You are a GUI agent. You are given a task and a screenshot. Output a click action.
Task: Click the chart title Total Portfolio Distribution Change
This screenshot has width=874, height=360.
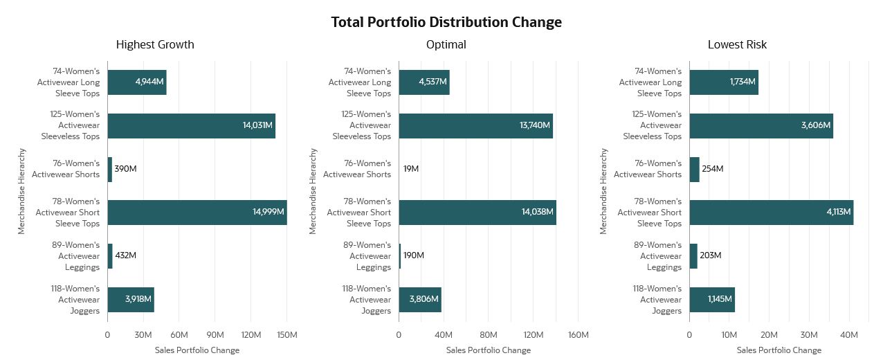pos(446,22)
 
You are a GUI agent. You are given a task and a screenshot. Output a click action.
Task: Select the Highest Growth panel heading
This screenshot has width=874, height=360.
pos(155,45)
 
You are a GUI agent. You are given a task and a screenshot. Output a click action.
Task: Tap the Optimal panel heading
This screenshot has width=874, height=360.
pos(446,45)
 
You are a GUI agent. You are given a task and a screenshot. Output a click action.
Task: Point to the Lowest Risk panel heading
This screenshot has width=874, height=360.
pos(737,45)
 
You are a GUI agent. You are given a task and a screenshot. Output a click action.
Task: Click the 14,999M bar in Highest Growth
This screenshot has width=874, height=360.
pos(197,213)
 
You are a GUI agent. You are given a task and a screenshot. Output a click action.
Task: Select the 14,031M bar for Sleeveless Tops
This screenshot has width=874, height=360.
pos(191,126)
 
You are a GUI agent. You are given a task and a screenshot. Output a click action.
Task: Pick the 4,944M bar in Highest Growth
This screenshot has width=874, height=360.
pos(136,82)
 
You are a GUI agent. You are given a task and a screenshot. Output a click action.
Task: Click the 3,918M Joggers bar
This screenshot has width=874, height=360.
pos(130,300)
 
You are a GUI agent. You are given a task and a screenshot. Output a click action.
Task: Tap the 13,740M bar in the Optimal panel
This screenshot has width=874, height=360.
pos(475,126)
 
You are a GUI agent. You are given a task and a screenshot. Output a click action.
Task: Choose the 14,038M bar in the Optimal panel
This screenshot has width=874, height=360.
pos(477,213)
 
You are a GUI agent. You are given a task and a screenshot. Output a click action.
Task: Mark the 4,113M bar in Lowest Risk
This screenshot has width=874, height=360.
pos(771,213)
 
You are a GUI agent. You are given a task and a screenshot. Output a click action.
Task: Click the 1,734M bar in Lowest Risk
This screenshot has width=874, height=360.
pos(723,82)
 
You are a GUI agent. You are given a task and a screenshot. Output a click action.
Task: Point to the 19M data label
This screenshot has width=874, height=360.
pos(411,169)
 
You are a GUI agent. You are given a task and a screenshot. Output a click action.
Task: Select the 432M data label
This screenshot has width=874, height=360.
pos(125,255)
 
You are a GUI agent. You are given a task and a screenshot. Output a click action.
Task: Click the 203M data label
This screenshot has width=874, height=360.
pos(710,255)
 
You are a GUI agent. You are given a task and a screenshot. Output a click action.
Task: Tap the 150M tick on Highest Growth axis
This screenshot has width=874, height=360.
pos(286,335)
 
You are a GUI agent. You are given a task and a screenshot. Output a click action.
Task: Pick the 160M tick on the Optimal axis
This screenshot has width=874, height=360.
pos(578,335)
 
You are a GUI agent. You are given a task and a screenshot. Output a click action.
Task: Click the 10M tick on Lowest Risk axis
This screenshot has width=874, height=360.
pos(729,335)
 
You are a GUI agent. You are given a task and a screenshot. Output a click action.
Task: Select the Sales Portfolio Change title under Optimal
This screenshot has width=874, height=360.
pos(488,350)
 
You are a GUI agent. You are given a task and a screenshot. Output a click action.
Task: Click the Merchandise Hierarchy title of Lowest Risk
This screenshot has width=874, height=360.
pos(603,191)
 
